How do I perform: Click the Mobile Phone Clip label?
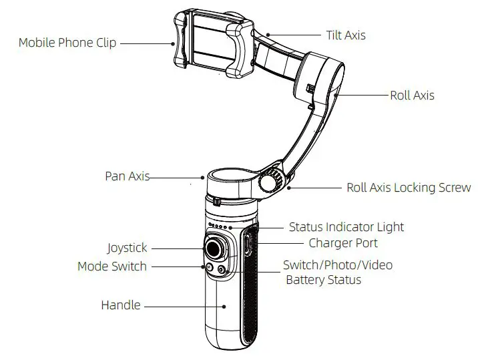67,43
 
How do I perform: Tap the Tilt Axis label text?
346,35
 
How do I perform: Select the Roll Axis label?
412,95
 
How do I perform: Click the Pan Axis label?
127,176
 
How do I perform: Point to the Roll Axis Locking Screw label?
409,188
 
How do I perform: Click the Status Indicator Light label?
346,227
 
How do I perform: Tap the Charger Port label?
342,243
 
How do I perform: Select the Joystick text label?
127,248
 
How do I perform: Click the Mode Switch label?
111,266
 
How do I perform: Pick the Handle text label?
121,305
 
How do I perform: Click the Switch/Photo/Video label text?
338,265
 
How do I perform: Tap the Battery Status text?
323,280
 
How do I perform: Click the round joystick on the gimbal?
215,248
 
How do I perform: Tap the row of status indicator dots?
219,226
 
